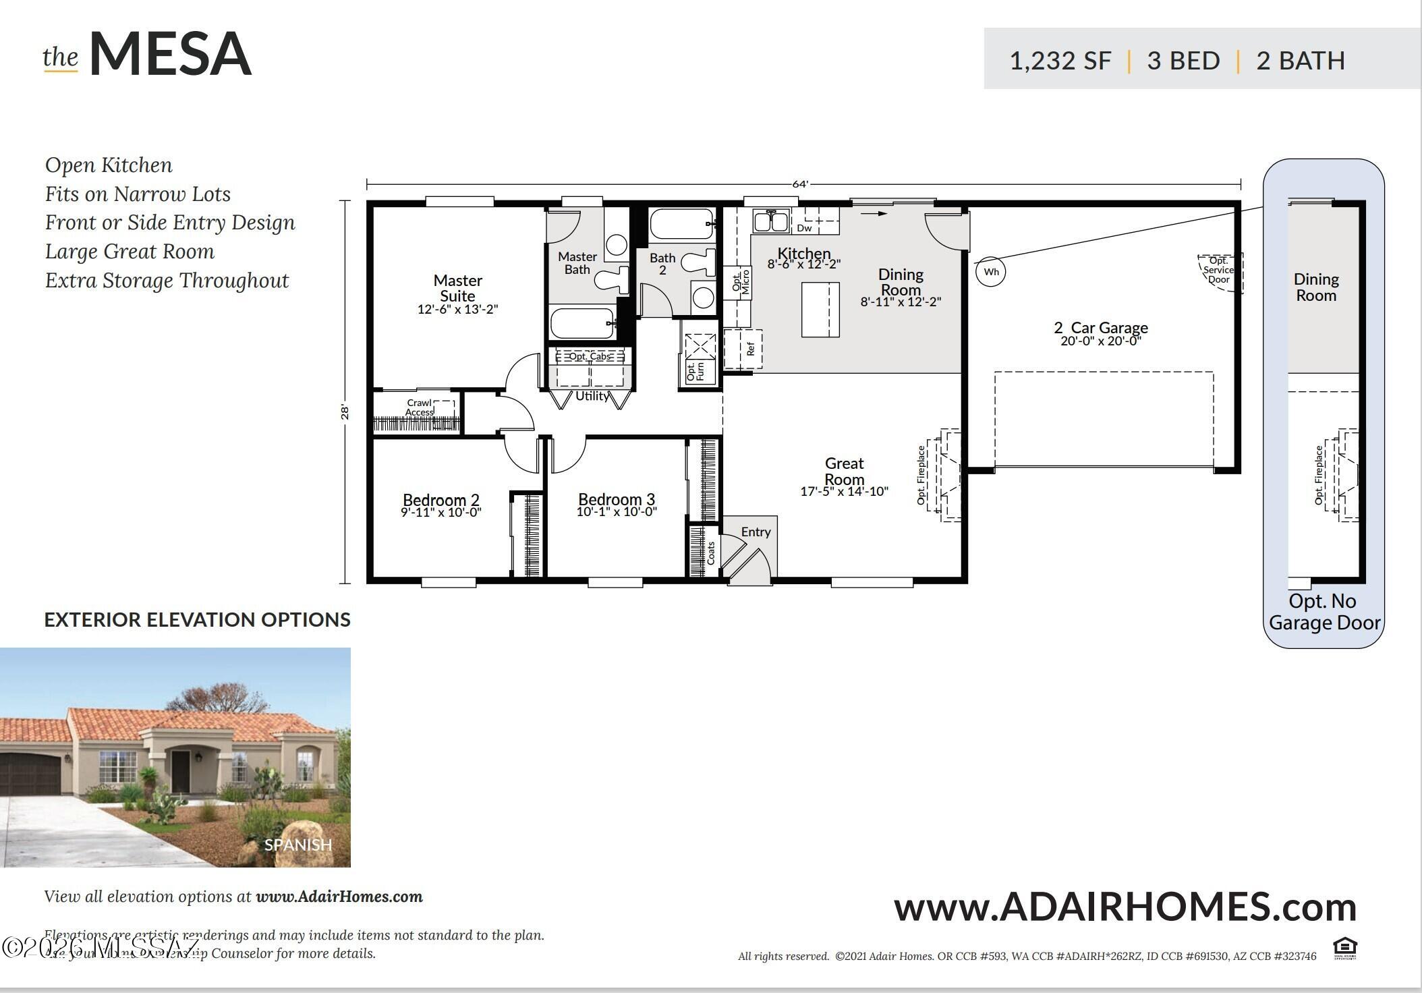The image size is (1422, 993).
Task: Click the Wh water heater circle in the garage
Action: coord(991,272)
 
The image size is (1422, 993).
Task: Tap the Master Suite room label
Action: coord(458,288)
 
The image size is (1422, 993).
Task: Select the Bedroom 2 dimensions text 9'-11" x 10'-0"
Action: coord(441,513)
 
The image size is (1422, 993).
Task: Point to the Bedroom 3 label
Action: coord(617,499)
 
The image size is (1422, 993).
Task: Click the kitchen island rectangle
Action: coord(820,310)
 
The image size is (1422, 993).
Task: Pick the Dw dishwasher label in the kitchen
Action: coord(804,228)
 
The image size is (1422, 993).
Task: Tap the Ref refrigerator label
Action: coord(751,349)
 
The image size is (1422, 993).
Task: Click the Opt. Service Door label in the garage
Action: coord(1219,270)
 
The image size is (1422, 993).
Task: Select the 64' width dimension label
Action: coord(800,184)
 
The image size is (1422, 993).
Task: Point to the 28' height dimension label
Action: coord(345,412)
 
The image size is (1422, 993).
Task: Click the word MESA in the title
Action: coord(171,53)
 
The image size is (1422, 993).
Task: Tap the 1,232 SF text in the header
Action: coord(1060,61)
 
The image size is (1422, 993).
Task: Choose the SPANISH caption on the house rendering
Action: coord(298,845)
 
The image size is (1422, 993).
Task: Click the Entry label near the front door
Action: coord(756,532)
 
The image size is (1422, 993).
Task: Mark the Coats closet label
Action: coord(710,553)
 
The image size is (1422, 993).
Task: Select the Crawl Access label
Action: coord(420,407)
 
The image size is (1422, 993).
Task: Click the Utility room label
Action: coord(592,396)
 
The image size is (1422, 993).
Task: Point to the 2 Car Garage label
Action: coord(1101,328)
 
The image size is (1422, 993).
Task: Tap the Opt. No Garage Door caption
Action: coord(1324,612)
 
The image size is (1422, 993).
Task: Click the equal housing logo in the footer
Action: coord(1345,948)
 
